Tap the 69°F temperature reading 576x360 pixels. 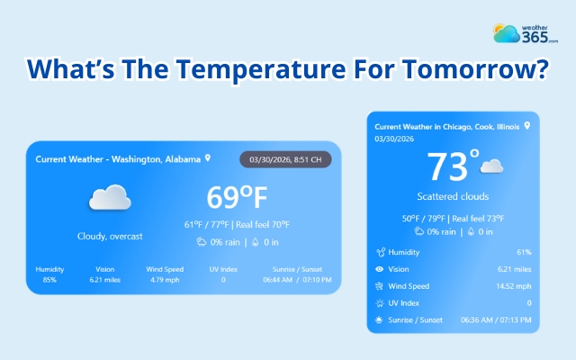[x=238, y=197]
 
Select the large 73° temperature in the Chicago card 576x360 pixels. [x=453, y=167]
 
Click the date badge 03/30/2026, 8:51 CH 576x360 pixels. [x=284, y=159]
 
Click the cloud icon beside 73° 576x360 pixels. [x=491, y=166]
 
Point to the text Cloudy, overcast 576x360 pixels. [x=110, y=236]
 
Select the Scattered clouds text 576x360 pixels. [x=453, y=196]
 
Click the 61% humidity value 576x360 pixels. [x=524, y=252]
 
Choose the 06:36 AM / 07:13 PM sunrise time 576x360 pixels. [x=495, y=319]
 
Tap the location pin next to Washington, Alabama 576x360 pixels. [x=208, y=158]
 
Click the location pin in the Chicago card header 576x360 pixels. [x=526, y=126]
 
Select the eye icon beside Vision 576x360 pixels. [x=382, y=269]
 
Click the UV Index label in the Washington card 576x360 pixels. [x=223, y=268]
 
